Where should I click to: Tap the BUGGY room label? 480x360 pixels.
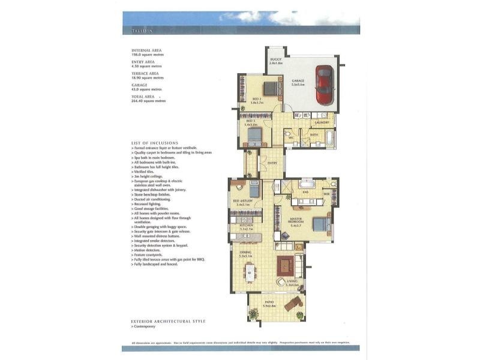[276, 59]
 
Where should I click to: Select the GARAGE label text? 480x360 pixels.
[298, 80]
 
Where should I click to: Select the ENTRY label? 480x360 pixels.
[272, 163]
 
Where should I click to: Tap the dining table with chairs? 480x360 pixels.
[250, 273]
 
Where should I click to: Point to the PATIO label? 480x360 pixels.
[269, 304]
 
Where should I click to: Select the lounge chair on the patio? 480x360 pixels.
[293, 304]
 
